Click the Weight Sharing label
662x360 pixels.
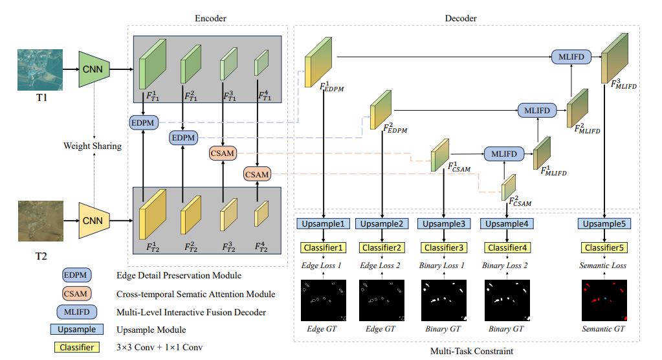(x=93, y=146)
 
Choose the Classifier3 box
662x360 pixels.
(x=445, y=247)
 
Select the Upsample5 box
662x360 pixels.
(x=604, y=224)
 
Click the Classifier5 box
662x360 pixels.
(x=604, y=247)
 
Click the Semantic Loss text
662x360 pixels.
(x=604, y=265)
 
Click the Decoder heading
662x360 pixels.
(x=461, y=18)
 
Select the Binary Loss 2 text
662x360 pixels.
(x=505, y=265)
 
